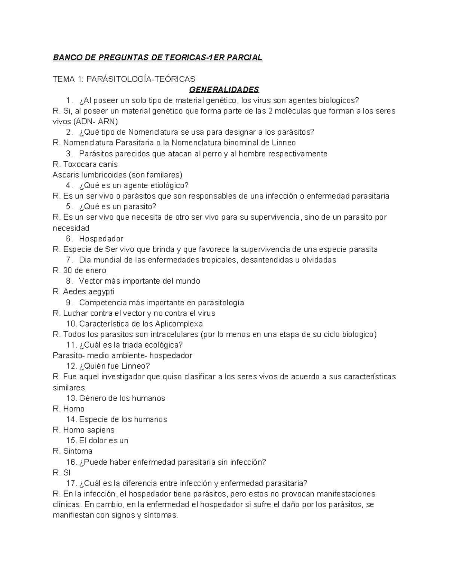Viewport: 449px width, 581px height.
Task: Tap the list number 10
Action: [71, 324]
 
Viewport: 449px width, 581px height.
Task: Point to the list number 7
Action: [69, 260]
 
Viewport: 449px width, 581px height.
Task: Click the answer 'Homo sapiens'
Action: [89, 430]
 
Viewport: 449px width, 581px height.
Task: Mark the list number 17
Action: [71, 483]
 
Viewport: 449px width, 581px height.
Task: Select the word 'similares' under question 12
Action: [69, 388]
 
